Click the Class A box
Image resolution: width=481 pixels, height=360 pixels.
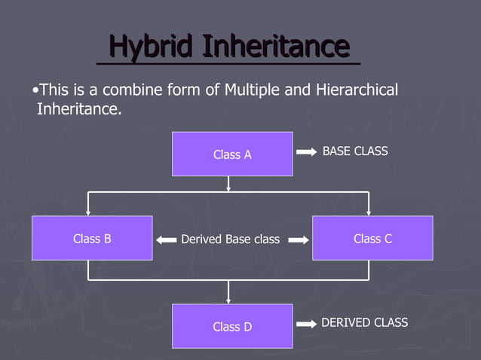tap(232, 154)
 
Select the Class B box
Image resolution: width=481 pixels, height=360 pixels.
tap(92, 238)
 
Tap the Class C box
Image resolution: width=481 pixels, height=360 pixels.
tap(372, 238)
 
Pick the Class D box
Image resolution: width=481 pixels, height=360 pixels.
tap(232, 326)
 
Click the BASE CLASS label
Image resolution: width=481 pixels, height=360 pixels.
tap(355, 151)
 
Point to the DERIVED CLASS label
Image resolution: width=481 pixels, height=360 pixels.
tap(364, 322)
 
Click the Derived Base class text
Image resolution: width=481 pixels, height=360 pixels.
tap(230, 239)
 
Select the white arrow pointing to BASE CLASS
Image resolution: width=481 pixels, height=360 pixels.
tap(306, 152)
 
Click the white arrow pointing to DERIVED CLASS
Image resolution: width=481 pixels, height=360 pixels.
tap(306, 324)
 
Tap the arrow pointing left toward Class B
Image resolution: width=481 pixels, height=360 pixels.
tap(166, 240)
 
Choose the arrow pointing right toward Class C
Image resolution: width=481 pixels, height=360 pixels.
tap(298, 240)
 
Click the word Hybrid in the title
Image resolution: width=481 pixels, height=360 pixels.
tap(151, 47)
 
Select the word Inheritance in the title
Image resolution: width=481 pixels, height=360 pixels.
tap(276, 47)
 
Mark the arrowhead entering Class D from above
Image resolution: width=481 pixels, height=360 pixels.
tap(228, 300)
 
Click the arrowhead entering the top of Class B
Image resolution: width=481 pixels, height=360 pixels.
tap(88, 212)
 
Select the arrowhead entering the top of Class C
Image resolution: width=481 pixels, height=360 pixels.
tap(369, 212)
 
